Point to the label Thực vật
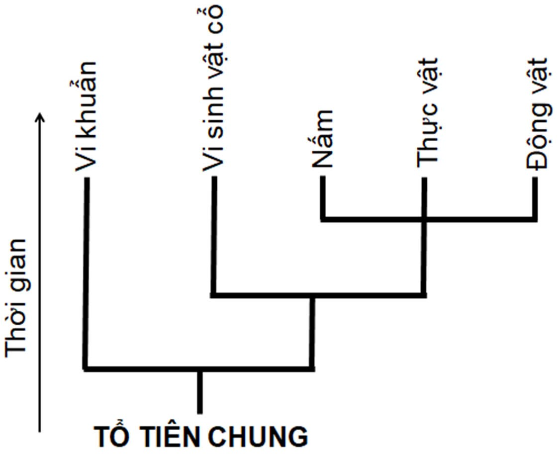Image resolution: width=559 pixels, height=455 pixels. point(428,111)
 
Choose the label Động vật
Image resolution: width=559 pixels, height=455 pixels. point(538,114)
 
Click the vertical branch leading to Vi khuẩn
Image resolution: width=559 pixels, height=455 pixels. point(86,273)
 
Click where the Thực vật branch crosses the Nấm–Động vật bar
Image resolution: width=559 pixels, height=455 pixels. point(424,218)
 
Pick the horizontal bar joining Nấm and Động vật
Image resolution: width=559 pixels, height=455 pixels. point(373,218)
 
